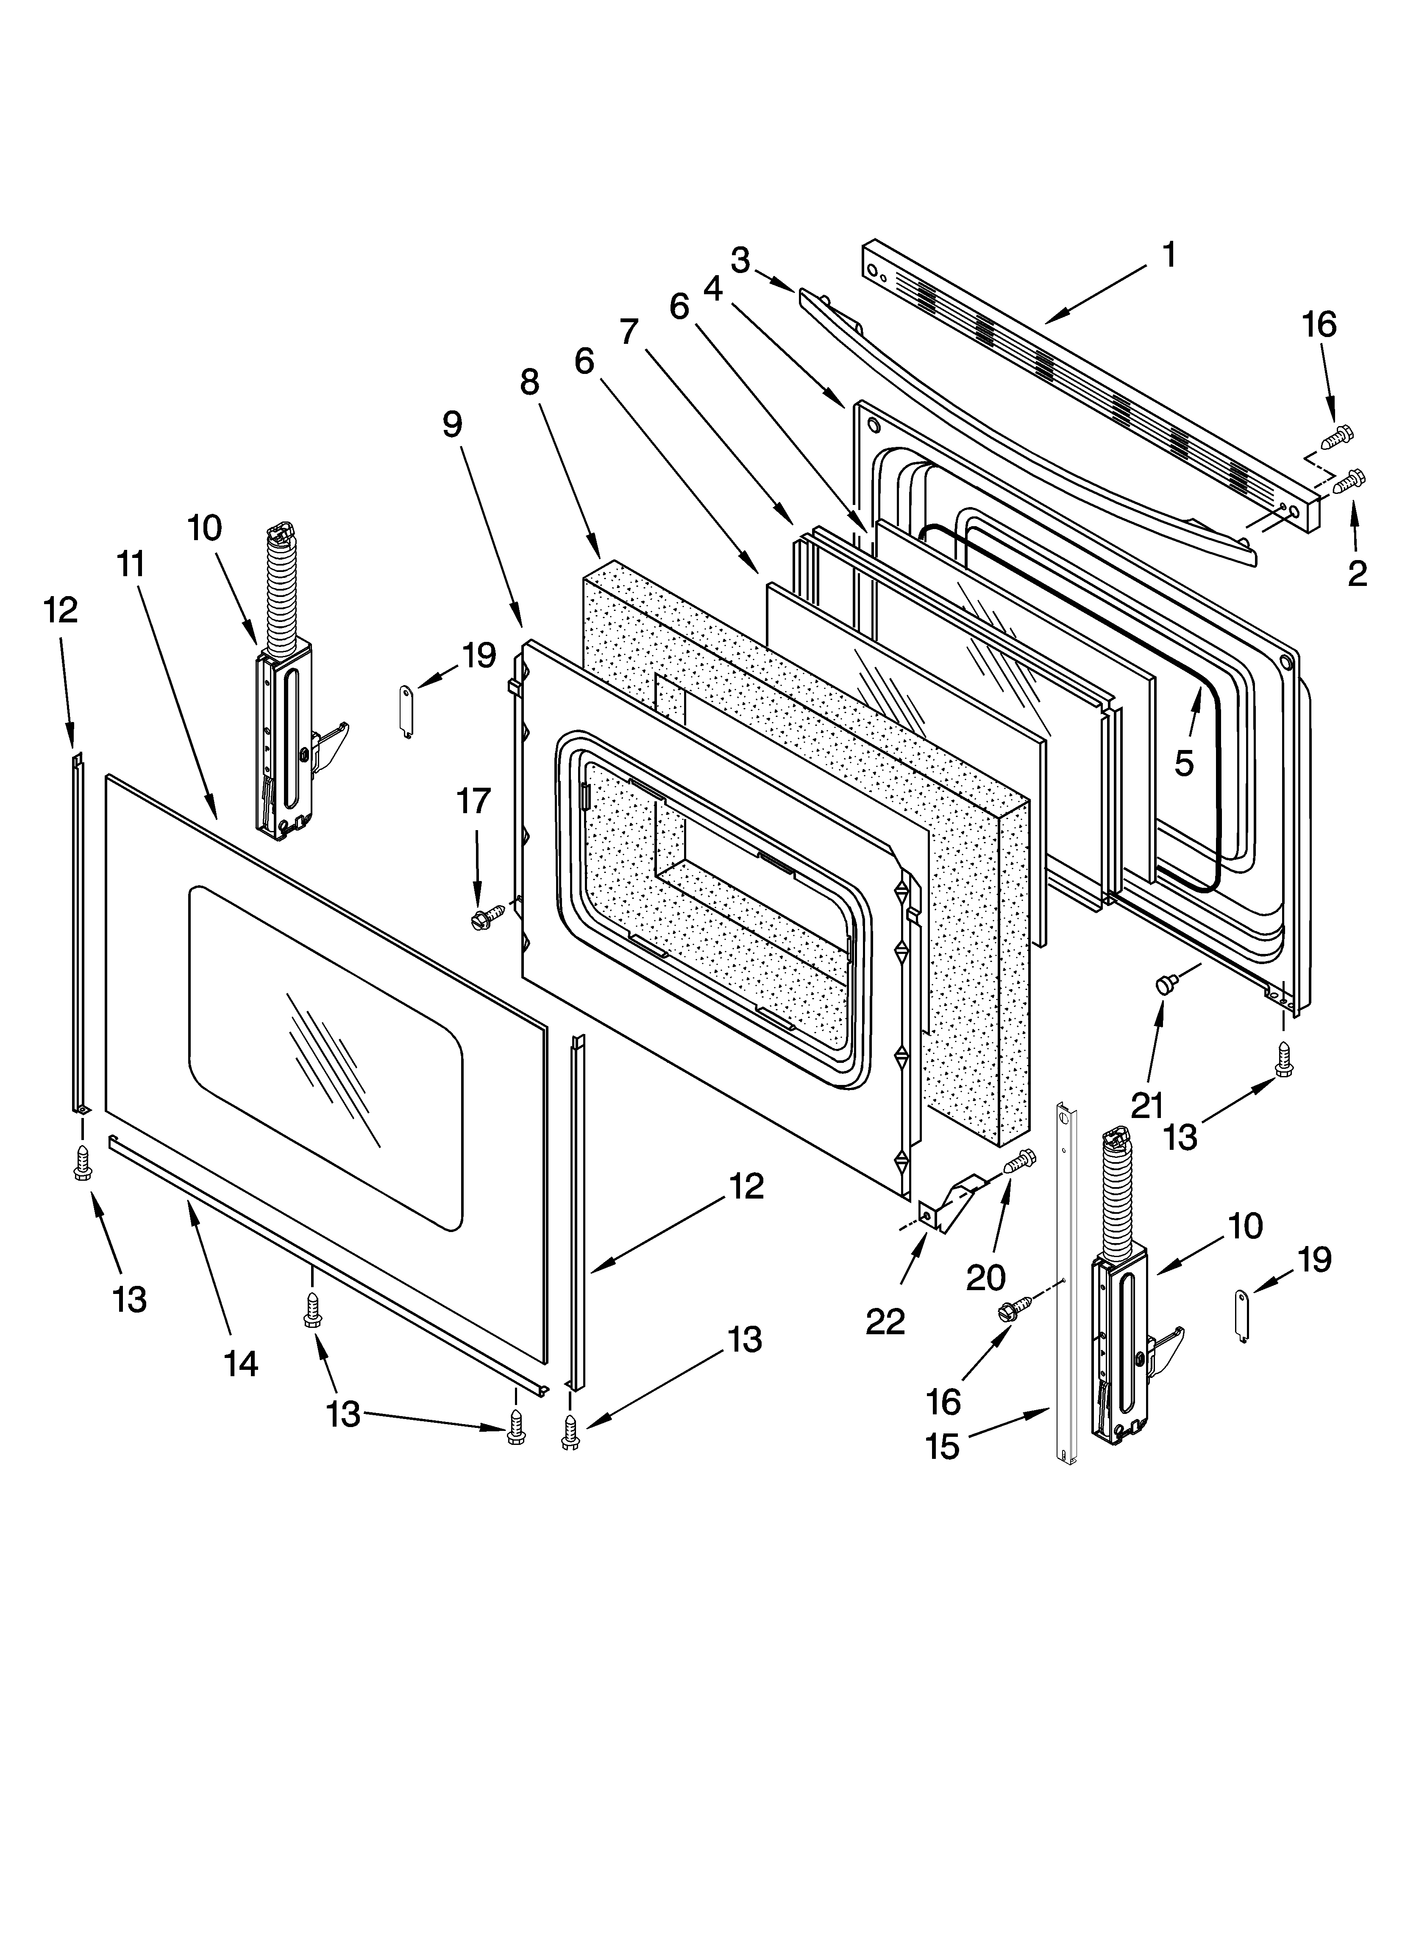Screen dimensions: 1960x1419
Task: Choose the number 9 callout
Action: coord(452,424)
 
